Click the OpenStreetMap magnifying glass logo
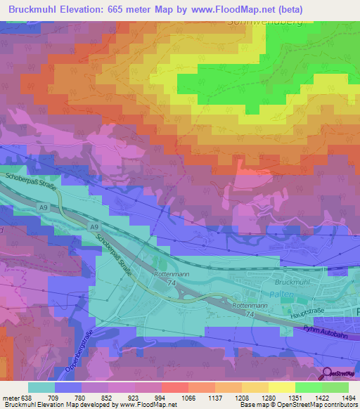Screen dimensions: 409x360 point(328,373)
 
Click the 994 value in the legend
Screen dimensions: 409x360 point(160,398)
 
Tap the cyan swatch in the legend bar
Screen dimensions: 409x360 point(41,387)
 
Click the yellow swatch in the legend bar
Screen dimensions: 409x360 point(281,387)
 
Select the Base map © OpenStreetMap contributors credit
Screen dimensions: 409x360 point(299,405)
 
